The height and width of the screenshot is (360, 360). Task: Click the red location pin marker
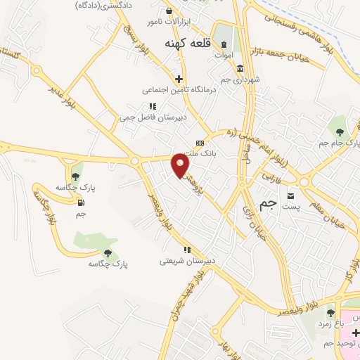click(181, 166)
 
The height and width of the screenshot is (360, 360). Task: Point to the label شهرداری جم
click(240, 79)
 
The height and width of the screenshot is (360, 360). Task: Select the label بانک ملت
click(196, 153)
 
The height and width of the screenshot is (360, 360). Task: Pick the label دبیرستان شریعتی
click(187, 261)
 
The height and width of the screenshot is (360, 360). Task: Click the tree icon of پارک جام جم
click(340, 131)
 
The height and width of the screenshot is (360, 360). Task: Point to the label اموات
click(224, 54)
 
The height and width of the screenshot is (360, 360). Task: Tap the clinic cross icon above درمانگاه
click(179, 79)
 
